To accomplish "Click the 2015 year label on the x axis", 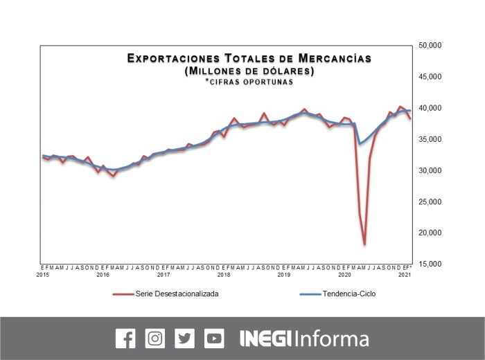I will tap(42, 275).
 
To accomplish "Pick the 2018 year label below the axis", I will tap(223, 275).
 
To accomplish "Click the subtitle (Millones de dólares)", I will tap(249, 71).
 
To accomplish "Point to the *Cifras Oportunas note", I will tap(249, 82).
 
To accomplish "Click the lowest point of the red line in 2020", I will tap(364, 244).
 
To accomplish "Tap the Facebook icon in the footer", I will tap(125, 339).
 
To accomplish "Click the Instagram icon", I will tap(155, 339).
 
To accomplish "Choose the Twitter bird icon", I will tap(185, 339).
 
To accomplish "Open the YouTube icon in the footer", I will tap(215, 339).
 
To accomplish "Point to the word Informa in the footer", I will tap(331, 339).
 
